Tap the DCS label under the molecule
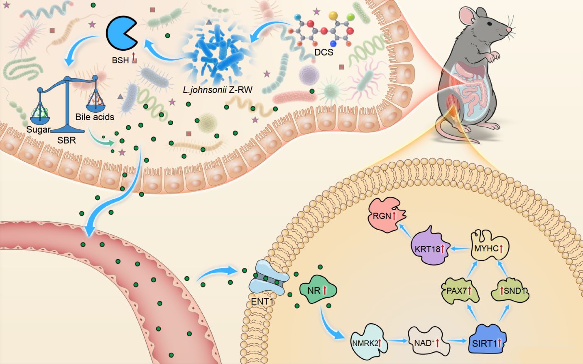click(323, 52)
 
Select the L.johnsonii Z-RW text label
click(217, 89)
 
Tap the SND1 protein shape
click(510, 290)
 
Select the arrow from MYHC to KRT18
click(460, 248)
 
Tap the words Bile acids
click(95, 117)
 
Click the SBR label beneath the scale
click(66, 140)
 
